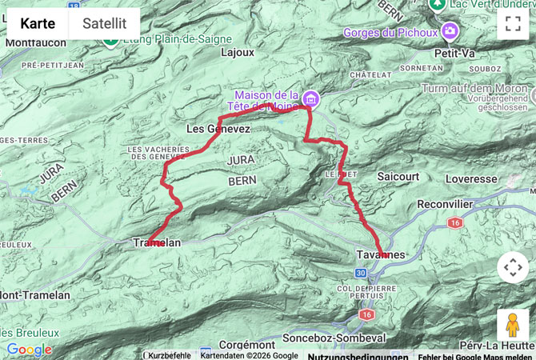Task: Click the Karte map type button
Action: pos(38,23)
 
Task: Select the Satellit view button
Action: pos(104,23)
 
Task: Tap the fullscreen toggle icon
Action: pos(512,23)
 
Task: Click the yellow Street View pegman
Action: pos(512,326)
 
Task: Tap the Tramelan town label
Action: pos(157,243)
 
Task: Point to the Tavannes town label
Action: pos(381,254)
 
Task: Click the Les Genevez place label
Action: pos(218,129)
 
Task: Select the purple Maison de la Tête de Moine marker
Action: pos(310,99)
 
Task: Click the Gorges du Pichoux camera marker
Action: pos(450,31)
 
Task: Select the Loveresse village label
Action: pos(471,179)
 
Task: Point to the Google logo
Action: pos(29,350)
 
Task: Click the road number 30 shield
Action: pos(361,274)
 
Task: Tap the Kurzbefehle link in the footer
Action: pos(169,355)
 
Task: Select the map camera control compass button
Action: pos(512,267)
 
